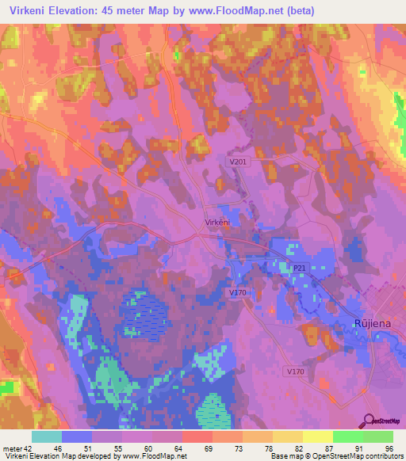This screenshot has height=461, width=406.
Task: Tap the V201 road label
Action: point(237,162)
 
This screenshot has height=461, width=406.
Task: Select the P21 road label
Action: point(299,269)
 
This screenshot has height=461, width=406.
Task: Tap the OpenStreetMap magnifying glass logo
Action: point(366,421)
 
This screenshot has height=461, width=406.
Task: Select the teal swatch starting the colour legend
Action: point(47,436)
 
